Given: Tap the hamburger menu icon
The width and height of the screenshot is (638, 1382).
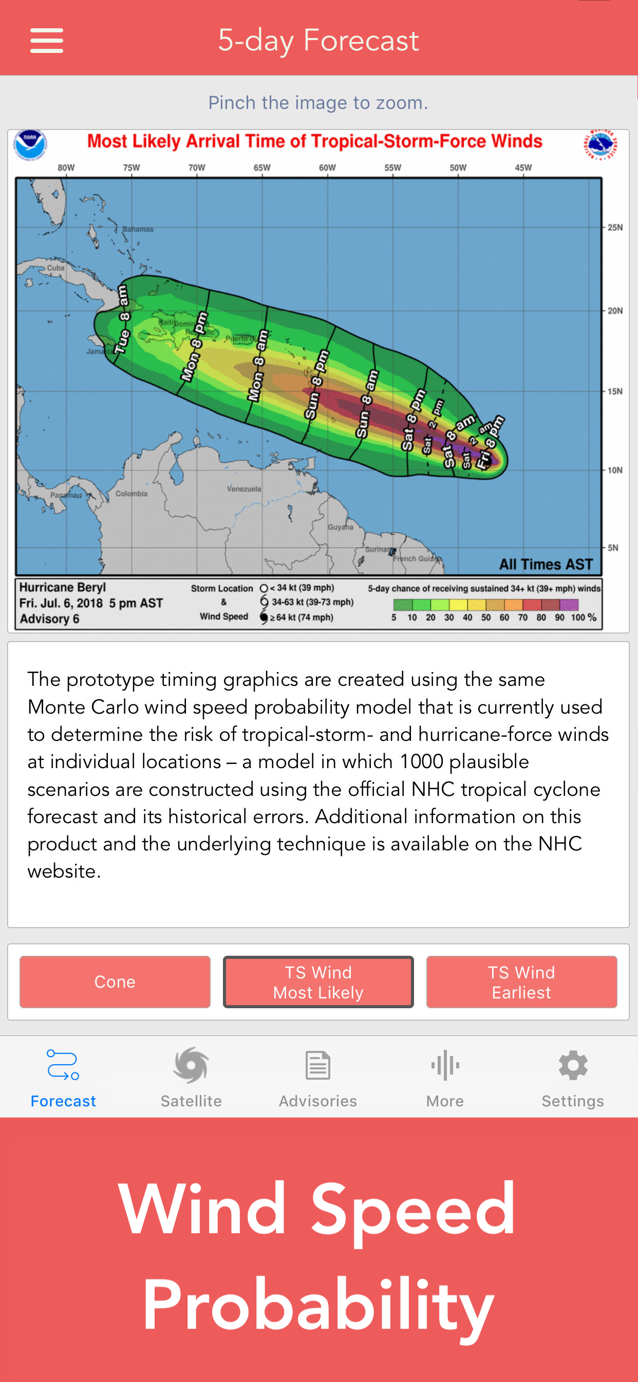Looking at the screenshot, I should coord(47,41).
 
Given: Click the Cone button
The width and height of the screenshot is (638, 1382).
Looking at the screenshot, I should coord(115,981).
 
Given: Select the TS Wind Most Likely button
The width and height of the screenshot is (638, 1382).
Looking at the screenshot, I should coord(318,981).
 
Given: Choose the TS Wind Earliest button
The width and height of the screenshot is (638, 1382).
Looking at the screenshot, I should coord(521,981).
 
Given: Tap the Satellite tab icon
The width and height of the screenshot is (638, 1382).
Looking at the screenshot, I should coord(191,1065).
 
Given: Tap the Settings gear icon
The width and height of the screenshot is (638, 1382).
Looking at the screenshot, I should coord(573,1065).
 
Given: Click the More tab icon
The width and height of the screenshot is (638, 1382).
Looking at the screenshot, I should coord(444,1065).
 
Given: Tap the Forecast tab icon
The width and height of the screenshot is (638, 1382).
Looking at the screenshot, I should coord(63,1065).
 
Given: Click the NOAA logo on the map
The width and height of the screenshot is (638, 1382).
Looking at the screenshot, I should coord(30,144).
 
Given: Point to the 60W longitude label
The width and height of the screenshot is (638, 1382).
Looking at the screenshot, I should coord(327,168).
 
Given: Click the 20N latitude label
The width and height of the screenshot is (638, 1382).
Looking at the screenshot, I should coord(614,311).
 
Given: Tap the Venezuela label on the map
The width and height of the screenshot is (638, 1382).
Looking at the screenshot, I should coord(243,489).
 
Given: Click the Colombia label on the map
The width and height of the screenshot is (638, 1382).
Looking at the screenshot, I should coord(132,494).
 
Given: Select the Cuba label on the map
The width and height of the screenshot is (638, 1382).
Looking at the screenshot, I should coord(55,268).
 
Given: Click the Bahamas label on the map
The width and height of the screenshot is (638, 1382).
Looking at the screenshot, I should coord(138,229).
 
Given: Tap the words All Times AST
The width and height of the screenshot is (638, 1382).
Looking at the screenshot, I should coord(545,564).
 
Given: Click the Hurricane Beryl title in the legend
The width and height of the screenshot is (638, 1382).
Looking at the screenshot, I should coord(63,587).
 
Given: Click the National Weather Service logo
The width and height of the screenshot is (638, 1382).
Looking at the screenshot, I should coord(600,144).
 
